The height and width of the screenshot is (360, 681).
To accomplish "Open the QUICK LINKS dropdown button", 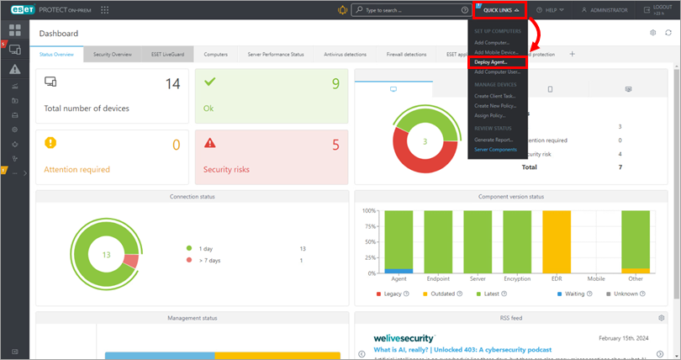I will click(x=501, y=10).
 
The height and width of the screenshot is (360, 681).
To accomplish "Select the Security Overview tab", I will click(x=113, y=54).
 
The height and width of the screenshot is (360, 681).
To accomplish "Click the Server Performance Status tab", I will click(x=276, y=54).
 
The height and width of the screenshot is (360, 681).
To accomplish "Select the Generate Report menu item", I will click(x=494, y=139).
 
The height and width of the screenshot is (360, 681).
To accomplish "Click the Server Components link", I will click(x=496, y=149).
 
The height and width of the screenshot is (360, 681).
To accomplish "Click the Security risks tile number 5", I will click(x=335, y=145).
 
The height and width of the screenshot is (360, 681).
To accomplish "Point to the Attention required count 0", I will click(x=176, y=145).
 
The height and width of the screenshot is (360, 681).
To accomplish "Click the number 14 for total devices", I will click(x=172, y=84).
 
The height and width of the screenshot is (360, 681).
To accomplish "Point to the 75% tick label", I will click(x=369, y=226).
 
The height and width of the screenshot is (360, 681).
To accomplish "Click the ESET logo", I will click(x=17, y=10).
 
